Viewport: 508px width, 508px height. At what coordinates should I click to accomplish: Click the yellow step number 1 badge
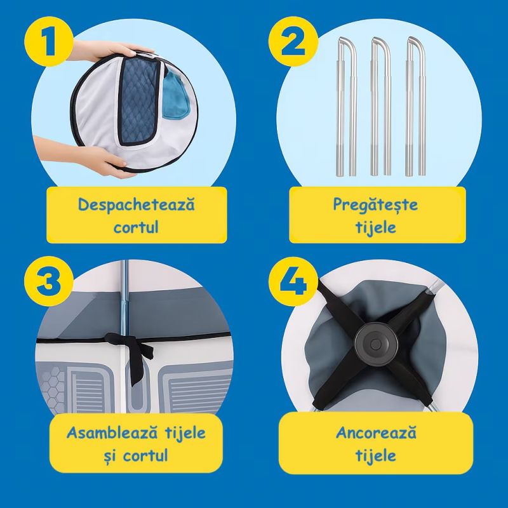[49, 41]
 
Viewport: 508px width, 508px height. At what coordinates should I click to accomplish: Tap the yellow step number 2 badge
[293, 41]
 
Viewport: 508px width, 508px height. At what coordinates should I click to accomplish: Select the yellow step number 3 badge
[49, 281]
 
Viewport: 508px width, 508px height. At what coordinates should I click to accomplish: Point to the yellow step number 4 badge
[293, 281]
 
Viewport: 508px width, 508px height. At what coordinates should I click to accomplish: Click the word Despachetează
[137, 204]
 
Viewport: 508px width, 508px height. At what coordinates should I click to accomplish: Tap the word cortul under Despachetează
[136, 227]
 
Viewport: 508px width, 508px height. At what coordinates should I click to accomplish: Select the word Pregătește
[375, 205]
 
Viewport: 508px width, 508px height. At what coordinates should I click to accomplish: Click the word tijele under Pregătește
[376, 227]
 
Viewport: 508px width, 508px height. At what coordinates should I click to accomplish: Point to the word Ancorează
[376, 432]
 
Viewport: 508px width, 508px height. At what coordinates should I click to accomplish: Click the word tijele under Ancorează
[376, 455]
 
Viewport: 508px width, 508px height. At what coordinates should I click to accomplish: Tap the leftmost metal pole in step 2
[346, 107]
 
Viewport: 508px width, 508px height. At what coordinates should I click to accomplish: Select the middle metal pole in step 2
[380, 107]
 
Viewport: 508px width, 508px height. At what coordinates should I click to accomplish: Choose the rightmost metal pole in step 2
[415, 107]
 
